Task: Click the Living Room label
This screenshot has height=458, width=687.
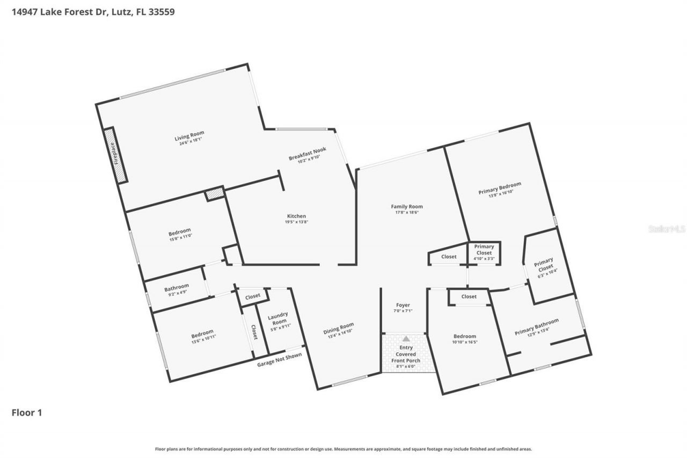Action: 189,134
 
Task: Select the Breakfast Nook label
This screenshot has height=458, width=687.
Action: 308,154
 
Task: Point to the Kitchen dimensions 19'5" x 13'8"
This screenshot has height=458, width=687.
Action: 297,222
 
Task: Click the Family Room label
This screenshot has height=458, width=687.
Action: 406,206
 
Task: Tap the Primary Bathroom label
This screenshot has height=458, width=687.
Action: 536,326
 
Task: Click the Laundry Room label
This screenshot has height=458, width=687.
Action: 277,318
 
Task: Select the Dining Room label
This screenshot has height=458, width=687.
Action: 339,328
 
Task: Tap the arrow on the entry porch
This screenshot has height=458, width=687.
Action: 406,339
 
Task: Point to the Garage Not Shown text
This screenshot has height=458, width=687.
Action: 279,359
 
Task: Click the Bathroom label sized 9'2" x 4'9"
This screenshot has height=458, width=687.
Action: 177,287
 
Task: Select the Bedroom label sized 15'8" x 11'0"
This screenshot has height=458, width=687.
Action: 179,232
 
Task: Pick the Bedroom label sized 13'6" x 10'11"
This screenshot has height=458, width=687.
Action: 202,332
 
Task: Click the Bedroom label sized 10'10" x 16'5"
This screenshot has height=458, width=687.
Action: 464,336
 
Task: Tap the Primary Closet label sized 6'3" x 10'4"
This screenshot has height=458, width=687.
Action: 543,264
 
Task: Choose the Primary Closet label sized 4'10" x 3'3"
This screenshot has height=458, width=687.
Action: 484,246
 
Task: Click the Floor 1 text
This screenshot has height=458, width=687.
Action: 27,413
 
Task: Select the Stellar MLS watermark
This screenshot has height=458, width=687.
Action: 667,229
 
